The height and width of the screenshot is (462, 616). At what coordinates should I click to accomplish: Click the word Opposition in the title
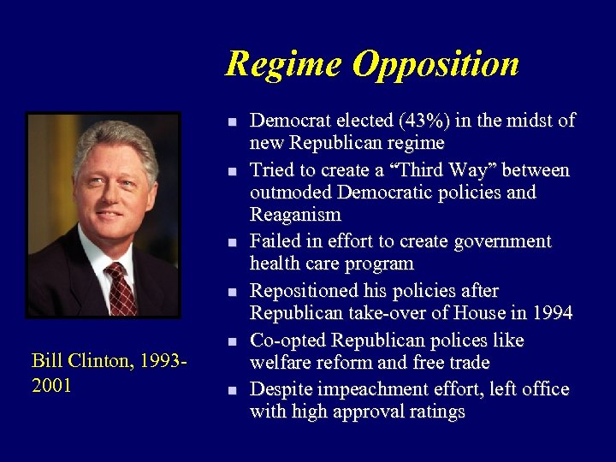click(435, 65)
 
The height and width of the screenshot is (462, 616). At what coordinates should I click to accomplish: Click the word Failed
click(273, 241)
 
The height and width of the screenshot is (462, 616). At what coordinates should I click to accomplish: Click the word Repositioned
click(300, 291)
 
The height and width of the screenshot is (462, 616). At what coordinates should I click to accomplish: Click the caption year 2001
click(51, 386)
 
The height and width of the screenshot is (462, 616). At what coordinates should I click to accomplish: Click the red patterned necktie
click(120, 288)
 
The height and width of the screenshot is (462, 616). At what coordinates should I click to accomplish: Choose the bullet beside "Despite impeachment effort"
click(231, 390)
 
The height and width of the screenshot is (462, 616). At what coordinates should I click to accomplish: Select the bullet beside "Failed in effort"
click(231, 243)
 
